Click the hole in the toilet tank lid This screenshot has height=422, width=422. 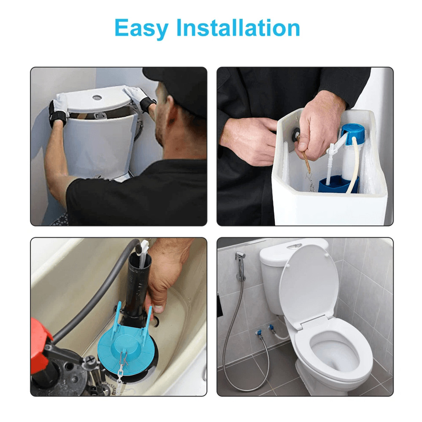pyautogui.click(x=97, y=97)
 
